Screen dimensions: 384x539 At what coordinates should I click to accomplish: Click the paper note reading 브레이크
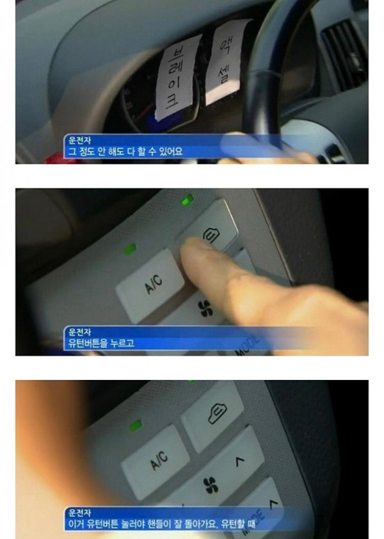(177, 78)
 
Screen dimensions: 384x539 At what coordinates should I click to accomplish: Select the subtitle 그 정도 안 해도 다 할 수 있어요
(125, 151)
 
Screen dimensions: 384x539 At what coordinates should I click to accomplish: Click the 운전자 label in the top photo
(79, 140)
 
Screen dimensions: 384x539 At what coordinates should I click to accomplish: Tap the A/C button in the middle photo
(150, 285)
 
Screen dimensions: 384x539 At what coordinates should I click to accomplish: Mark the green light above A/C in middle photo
(131, 249)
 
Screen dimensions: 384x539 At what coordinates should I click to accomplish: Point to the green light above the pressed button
(188, 200)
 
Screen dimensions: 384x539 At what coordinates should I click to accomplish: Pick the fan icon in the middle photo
(205, 308)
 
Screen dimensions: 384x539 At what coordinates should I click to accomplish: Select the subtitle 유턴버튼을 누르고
(101, 343)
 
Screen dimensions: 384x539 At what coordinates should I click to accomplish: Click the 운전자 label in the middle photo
(79, 332)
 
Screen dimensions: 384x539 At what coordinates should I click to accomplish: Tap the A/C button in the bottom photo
(156, 461)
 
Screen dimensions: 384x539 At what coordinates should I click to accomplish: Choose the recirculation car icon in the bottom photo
(217, 414)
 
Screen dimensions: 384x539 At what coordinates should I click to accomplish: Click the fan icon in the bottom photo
(211, 485)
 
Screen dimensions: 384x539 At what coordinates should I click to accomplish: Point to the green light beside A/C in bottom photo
(136, 426)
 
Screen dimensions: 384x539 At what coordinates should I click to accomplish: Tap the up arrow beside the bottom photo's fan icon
(240, 461)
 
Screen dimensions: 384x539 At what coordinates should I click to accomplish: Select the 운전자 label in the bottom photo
(79, 513)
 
